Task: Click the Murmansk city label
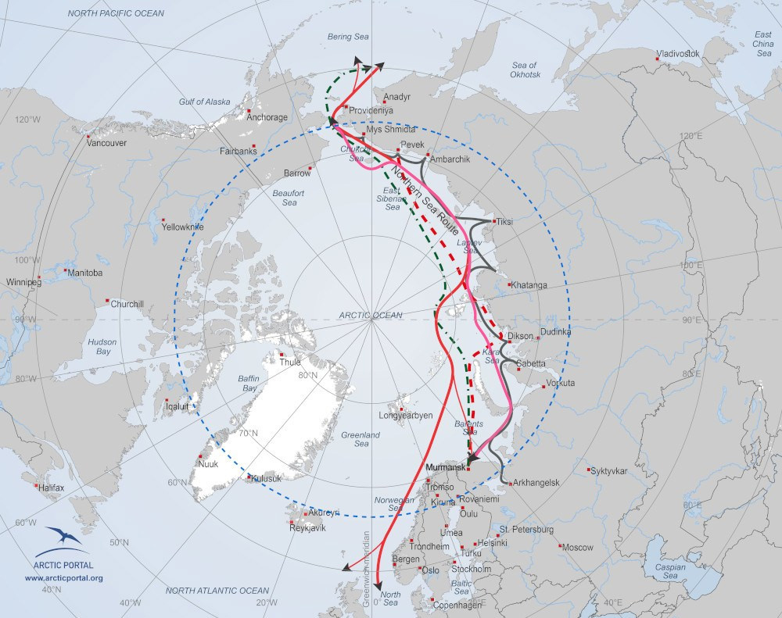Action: tap(444, 467)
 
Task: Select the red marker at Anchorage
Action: tap(248, 110)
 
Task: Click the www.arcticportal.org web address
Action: tap(64, 578)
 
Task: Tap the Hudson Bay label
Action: tap(102, 347)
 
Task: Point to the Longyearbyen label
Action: tap(405, 416)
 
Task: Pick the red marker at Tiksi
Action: tap(493, 221)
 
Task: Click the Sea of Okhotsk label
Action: tap(525, 70)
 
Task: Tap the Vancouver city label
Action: tap(106, 143)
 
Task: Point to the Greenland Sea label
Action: tap(361, 439)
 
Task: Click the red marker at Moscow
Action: tap(561, 546)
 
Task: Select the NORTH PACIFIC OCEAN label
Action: tap(116, 13)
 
